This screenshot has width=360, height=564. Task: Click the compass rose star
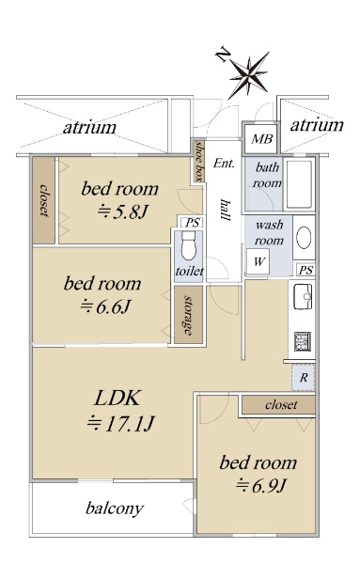[x=249, y=75]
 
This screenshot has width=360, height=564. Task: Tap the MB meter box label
[x=261, y=138]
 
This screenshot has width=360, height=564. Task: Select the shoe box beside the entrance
[x=198, y=161]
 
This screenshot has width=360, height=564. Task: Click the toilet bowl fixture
[x=188, y=245]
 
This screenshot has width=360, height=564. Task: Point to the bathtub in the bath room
[x=299, y=184]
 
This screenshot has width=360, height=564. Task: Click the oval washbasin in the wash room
[x=304, y=238]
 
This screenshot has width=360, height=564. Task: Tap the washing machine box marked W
[x=258, y=260]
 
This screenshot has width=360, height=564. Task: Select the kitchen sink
[x=303, y=296]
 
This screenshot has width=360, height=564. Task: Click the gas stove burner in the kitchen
[x=303, y=341]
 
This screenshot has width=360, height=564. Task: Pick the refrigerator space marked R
[x=304, y=377]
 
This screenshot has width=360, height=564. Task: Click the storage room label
[x=188, y=315]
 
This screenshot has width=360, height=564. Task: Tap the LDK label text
[x=117, y=399]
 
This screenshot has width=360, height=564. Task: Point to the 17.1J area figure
[x=121, y=423]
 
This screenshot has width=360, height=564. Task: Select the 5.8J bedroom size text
[x=122, y=212]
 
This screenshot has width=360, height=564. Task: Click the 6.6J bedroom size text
[x=104, y=306]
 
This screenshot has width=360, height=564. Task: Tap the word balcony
[x=115, y=509]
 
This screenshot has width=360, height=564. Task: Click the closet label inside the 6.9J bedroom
[x=281, y=404]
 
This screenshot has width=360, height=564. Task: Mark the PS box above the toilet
[x=192, y=223]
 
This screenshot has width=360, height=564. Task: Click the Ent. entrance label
[x=224, y=164]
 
